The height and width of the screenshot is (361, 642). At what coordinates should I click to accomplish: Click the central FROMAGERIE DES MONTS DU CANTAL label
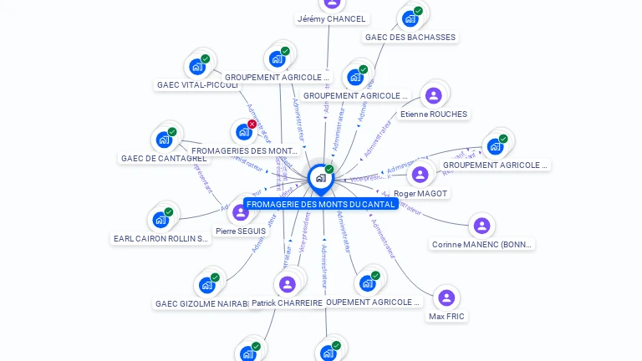pos(320,204)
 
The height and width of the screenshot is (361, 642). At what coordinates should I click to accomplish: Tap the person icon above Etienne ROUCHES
pos(433,96)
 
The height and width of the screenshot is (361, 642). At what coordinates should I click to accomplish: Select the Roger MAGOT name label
pos(420,194)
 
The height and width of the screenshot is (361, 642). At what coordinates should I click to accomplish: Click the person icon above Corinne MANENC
pos(481,226)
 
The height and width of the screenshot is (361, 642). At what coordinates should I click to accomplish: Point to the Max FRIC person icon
pos(446,297)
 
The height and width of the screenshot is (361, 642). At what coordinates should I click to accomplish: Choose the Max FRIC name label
pos(446,317)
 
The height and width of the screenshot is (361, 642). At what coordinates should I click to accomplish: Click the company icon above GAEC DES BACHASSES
pos(410,18)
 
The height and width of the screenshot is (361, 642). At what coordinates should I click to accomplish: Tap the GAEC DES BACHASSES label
pos(410,38)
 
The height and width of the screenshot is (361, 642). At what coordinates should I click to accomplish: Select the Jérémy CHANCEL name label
pos(332,18)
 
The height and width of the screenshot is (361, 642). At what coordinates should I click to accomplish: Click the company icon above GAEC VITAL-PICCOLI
pos(197,66)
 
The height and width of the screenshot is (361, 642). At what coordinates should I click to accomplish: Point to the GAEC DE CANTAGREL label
pos(164,159)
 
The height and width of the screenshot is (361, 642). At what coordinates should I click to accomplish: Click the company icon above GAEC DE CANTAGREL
pos(164,139)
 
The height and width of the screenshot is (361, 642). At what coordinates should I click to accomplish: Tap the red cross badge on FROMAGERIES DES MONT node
pos(252,125)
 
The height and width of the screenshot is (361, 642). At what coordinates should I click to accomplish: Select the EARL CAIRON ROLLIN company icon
pos(160,220)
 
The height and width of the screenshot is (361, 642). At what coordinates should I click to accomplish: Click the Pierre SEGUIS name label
pos(241,231)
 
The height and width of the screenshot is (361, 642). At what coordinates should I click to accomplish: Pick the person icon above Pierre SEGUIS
pos(241,212)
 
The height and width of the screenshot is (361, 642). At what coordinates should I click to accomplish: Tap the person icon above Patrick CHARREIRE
pos(288,284)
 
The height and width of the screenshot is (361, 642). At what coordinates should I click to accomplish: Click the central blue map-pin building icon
pos(320,177)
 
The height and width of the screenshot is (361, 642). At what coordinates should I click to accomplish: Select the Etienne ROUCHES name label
pos(434,114)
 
